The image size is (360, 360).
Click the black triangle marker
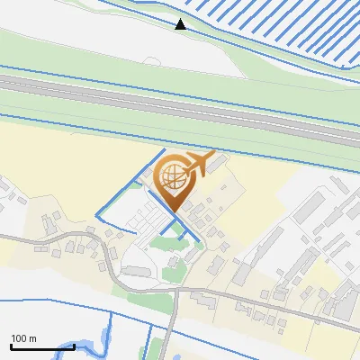pos(181,23)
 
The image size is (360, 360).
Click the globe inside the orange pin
pos(172,175)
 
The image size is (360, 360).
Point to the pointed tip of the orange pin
pos(172,211)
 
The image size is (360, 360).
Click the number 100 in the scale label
pos(19,338)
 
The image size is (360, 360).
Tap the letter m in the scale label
pos(32,338)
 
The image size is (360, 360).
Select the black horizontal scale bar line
pos(41,346)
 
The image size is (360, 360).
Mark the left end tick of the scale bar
pos(10,346)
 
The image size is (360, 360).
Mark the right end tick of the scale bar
pos(74,346)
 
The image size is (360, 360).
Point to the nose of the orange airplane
pos(214,155)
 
